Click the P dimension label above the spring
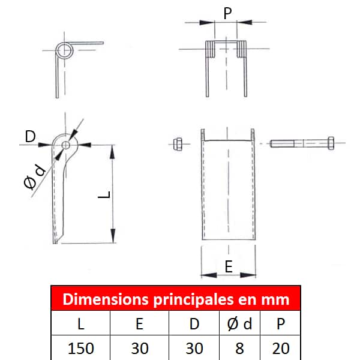point(227,13)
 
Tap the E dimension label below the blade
point(229,266)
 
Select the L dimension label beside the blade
point(104,195)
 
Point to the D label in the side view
point(31,136)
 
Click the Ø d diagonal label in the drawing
point(35,177)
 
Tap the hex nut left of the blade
point(178,144)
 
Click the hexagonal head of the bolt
point(331,143)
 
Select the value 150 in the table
point(81,348)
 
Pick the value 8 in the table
point(239,348)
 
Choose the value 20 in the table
point(281,348)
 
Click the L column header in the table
point(81,324)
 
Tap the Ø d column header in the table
point(239,324)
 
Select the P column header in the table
point(281,324)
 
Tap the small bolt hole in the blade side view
point(65,145)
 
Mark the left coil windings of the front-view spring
point(210,49)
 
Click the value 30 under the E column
point(140,348)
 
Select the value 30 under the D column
point(194,348)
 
